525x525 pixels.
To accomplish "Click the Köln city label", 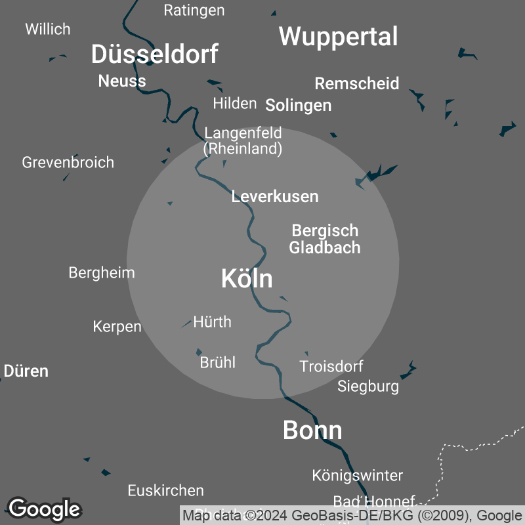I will [247, 279].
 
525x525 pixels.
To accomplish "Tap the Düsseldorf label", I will [154, 54].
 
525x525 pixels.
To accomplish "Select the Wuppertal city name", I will [338, 37].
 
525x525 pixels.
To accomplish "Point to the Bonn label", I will [312, 430].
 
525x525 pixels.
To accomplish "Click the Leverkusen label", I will [275, 196].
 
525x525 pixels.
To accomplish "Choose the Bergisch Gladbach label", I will [325, 239].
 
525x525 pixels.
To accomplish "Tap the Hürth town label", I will [212, 322].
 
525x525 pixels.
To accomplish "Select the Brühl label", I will [217, 362].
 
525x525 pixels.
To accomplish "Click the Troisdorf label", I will [331, 366].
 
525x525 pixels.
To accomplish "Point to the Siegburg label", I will [368, 387].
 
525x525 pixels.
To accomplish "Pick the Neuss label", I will [122, 81].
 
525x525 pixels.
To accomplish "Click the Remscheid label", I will [357, 84].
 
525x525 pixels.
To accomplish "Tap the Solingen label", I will [298, 106].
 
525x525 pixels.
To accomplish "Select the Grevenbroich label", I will [68, 162].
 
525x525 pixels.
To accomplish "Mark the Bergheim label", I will [102, 273].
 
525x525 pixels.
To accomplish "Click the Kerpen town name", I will [117, 326].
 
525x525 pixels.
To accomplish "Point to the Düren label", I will [26, 371].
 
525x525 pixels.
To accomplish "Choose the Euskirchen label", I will [165, 490].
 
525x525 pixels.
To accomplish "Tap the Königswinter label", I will [358, 475].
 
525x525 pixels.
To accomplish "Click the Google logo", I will [44, 509].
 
